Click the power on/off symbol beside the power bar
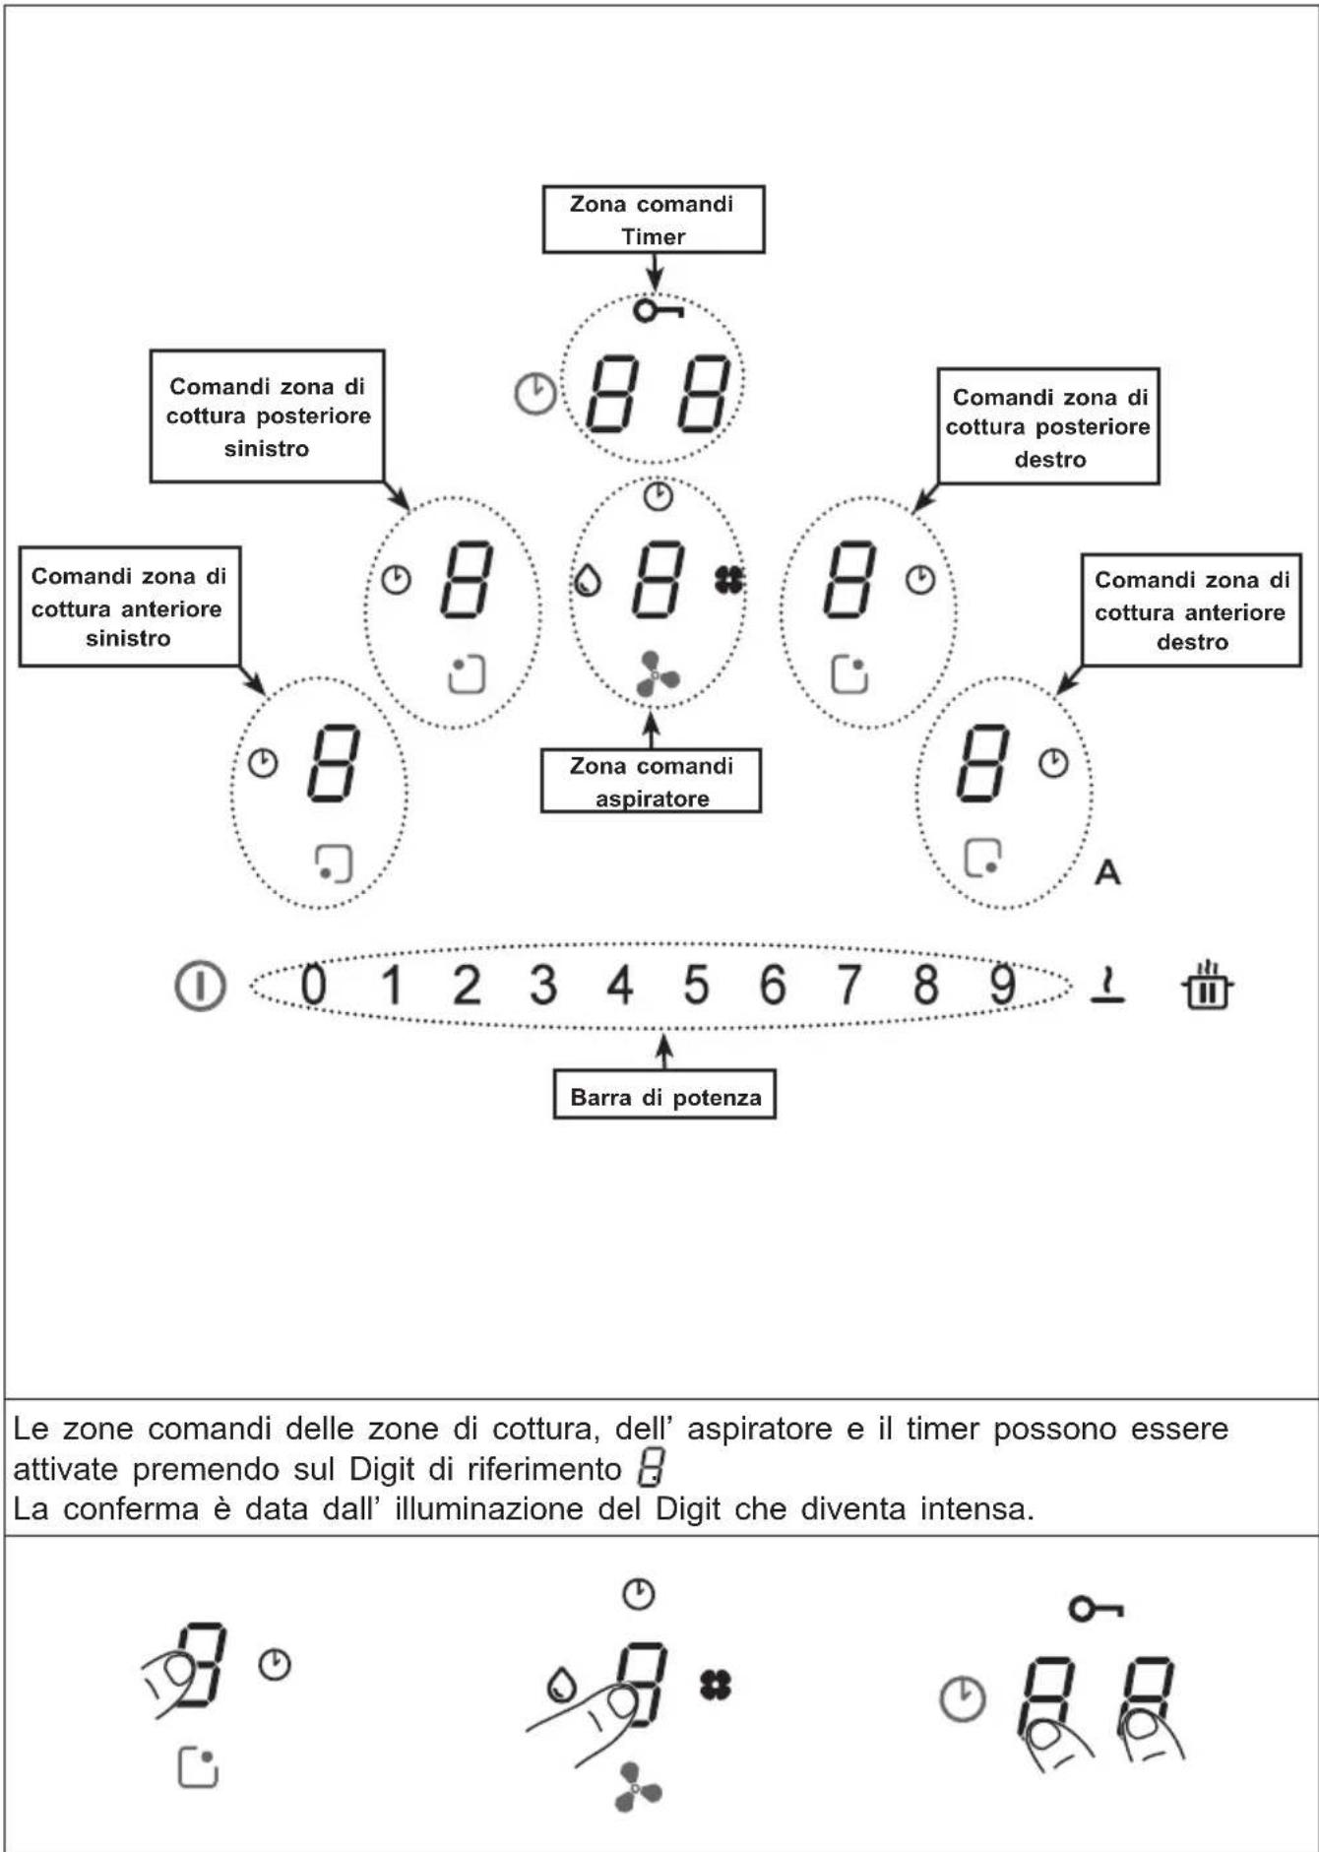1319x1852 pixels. (x=200, y=986)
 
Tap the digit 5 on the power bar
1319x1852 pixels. (x=696, y=985)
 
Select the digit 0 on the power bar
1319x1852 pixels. (x=313, y=985)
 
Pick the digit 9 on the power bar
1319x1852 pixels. (x=1002, y=985)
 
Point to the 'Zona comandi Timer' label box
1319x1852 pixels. (x=654, y=220)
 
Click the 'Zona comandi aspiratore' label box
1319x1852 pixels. (x=651, y=781)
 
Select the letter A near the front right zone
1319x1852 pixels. (x=1107, y=872)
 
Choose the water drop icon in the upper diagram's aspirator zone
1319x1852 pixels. (x=588, y=581)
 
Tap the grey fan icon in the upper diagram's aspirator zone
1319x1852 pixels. (x=657, y=674)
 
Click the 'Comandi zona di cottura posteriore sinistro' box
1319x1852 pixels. (x=267, y=416)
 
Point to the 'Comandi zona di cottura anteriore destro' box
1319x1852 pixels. (x=1191, y=610)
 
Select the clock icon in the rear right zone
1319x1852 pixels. (x=920, y=579)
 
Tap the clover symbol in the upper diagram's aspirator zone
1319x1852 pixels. (x=729, y=581)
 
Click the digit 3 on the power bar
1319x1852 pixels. (x=542, y=985)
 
